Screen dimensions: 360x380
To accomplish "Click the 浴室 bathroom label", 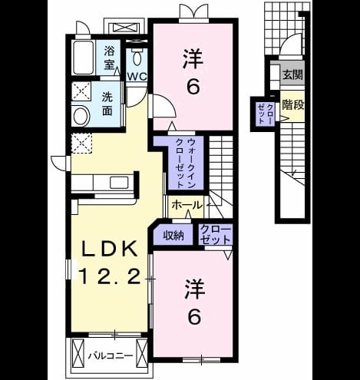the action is pyautogui.click(x=108, y=58).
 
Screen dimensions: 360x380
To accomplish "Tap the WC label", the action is pyautogui.click(x=137, y=77).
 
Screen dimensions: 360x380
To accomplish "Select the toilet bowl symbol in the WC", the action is pyautogui.click(x=137, y=58).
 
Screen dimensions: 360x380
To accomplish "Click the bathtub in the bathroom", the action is pyautogui.click(x=83, y=57).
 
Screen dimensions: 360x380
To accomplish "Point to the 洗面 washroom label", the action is pyautogui.click(x=107, y=104).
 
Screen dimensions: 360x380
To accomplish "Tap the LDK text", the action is pyautogui.click(x=109, y=249).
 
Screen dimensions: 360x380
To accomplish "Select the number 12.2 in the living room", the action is pyautogui.click(x=111, y=276).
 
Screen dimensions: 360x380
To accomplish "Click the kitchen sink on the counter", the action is pyautogui.click(x=119, y=183).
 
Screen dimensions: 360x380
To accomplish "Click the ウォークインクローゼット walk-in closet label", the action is pyautogui.click(x=186, y=163).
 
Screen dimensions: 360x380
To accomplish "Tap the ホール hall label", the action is pyautogui.click(x=187, y=205).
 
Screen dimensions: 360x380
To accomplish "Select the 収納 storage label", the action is pyautogui.click(x=173, y=236).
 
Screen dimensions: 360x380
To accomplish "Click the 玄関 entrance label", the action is pyautogui.click(x=292, y=75).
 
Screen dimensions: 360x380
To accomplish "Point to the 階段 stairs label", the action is pyautogui.click(x=293, y=104).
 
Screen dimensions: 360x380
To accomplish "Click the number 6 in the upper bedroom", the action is pyautogui.click(x=193, y=87).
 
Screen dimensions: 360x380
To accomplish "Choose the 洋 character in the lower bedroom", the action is pyautogui.click(x=194, y=289).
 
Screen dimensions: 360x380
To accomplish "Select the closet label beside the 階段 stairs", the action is pyautogui.click(x=266, y=114).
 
